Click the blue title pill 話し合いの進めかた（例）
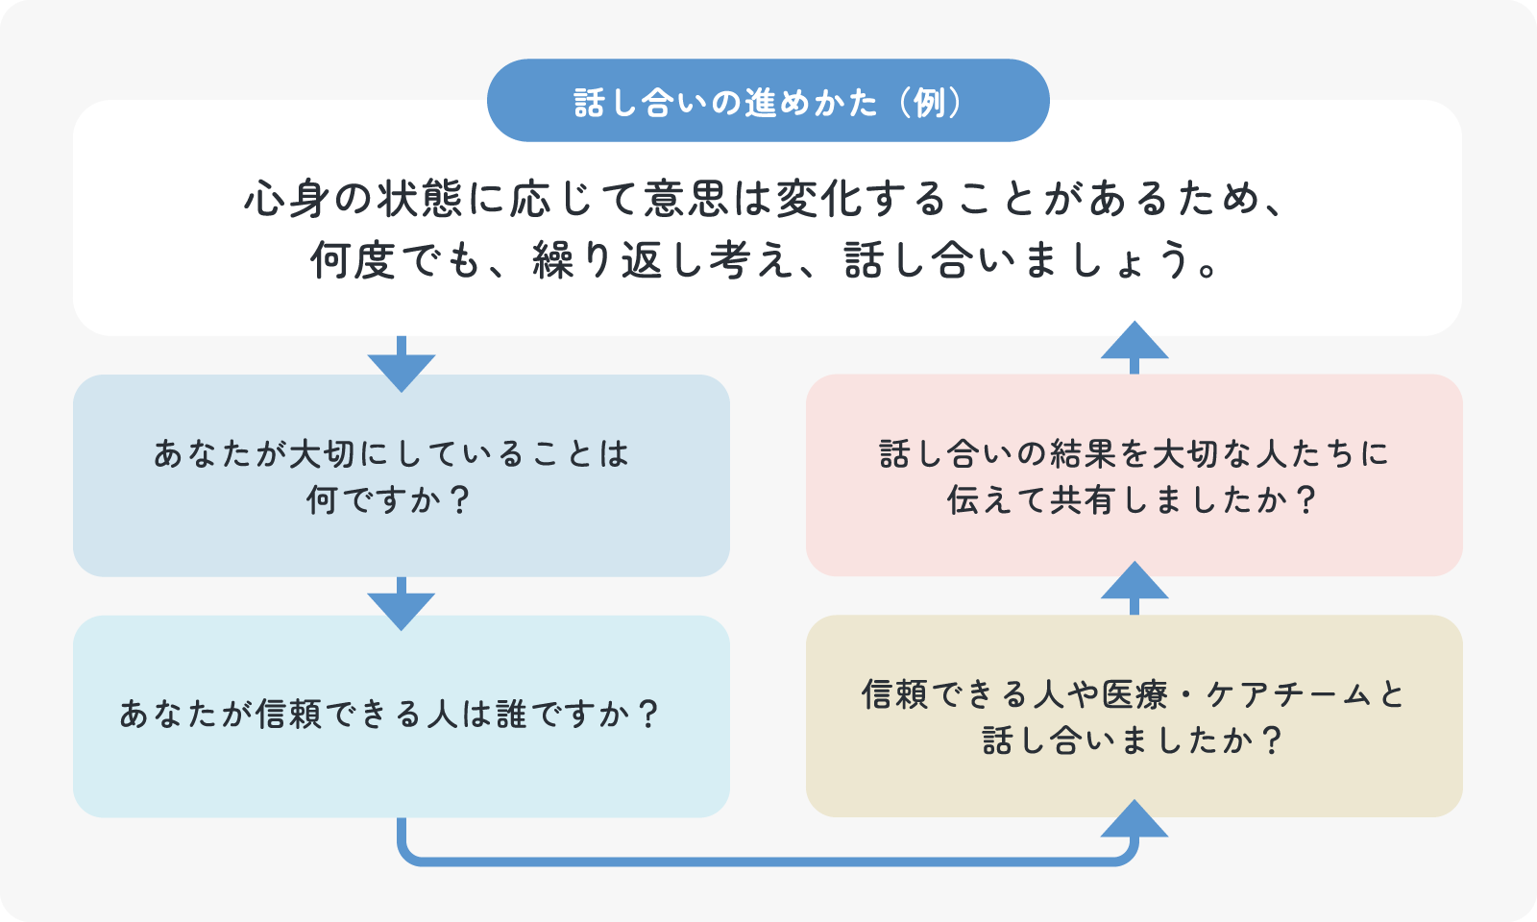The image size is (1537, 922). (768, 101)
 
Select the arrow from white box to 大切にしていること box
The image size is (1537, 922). (402, 364)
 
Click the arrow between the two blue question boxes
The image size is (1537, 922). (402, 604)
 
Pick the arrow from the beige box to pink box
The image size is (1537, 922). (1134, 587)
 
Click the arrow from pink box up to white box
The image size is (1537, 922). (1134, 347)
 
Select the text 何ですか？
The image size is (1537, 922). (388, 500)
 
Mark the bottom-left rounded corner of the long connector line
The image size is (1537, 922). (407, 856)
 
